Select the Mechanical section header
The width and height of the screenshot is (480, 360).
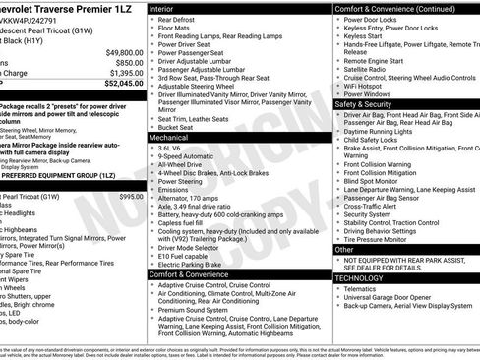point(172,138)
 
